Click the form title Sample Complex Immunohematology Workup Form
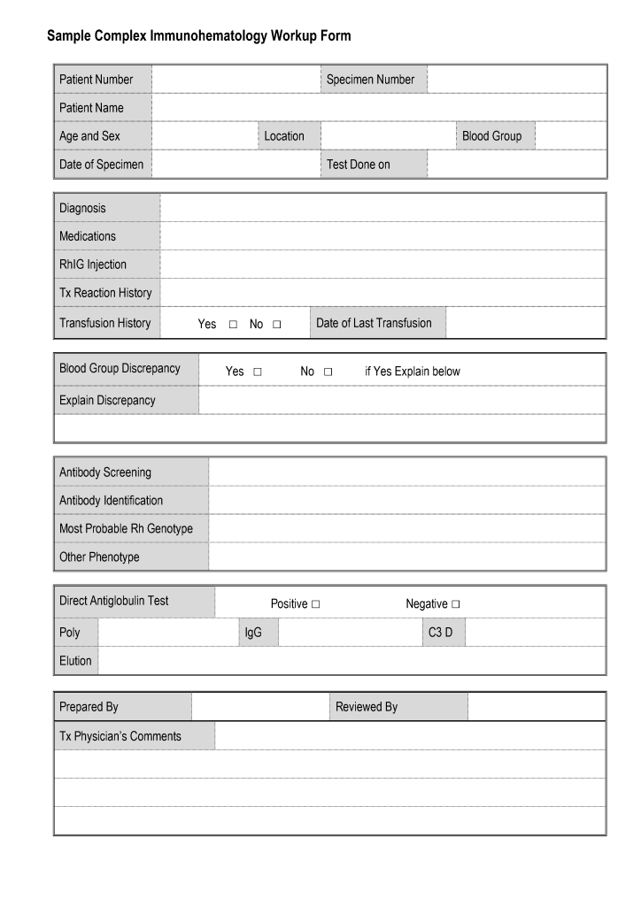coord(198,36)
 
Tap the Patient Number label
coord(96,80)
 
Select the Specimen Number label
coord(370,80)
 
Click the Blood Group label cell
coord(491,136)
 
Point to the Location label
coord(283,136)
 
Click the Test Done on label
coord(358,165)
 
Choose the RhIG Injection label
coord(92,265)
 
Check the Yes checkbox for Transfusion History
coord(233,325)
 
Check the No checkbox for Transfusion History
coord(277,325)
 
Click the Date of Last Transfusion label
coord(374,323)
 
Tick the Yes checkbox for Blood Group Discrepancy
coord(258,372)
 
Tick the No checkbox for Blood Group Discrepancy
coord(328,372)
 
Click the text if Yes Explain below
coord(413,372)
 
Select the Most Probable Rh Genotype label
coord(126,529)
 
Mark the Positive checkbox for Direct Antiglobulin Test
coord(316,604)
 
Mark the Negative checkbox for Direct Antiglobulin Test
coord(456,604)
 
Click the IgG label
coord(253,633)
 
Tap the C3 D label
coord(440,633)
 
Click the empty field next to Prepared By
coord(259,707)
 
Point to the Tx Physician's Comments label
coord(120,736)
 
